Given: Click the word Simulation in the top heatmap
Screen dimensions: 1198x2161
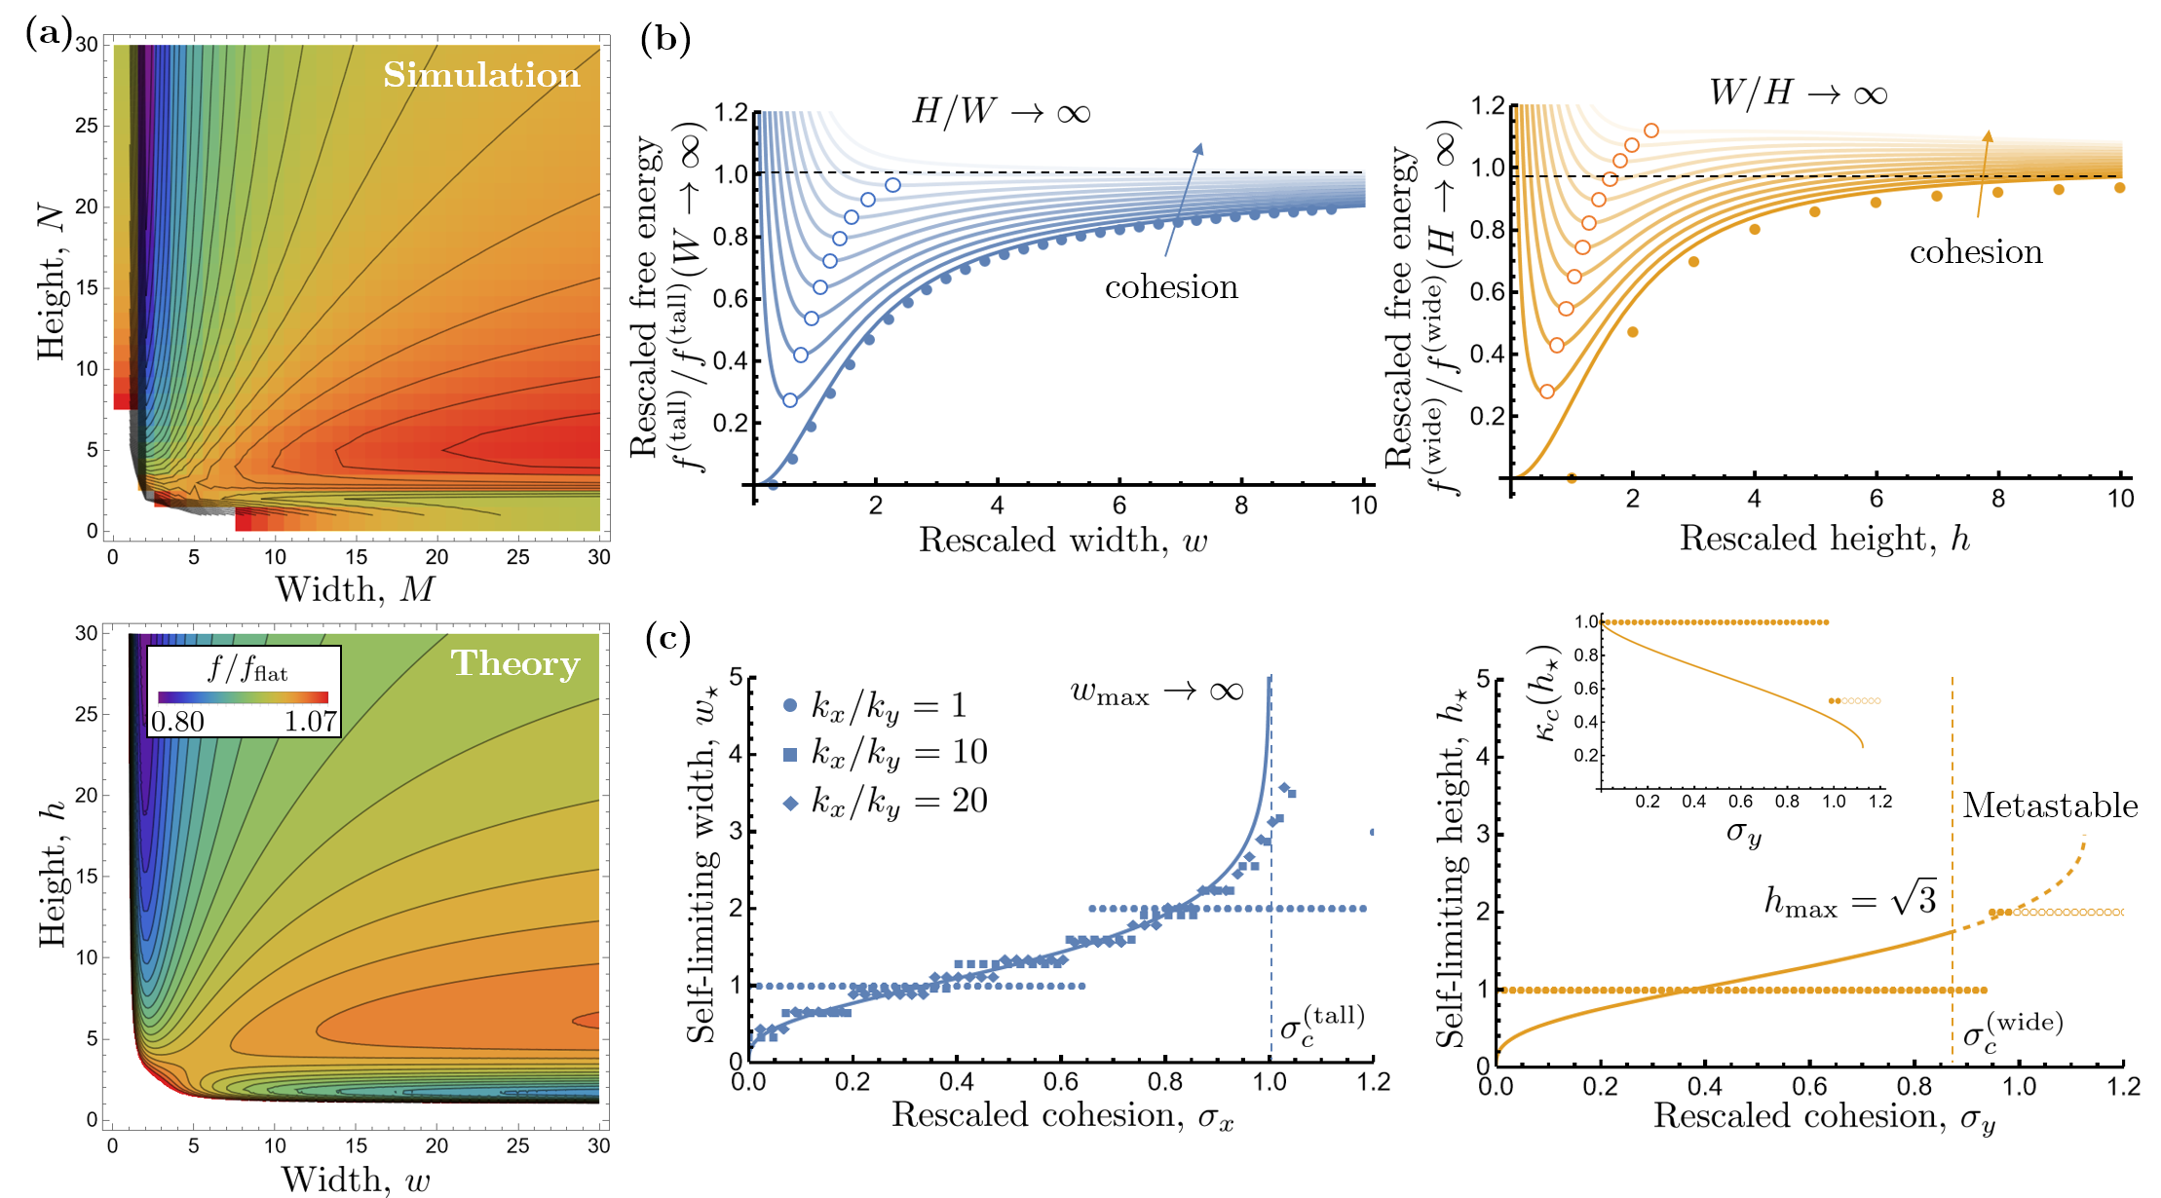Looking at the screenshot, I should (481, 75).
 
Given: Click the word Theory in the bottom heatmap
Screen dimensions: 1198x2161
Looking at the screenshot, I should (514, 663).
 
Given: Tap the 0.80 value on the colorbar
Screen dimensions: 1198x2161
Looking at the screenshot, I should (177, 722).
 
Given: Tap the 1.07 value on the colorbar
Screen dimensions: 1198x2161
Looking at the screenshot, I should (311, 722).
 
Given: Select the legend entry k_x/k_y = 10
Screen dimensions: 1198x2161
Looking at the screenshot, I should (886, 752).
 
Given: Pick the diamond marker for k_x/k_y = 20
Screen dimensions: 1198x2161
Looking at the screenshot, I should (790, 803).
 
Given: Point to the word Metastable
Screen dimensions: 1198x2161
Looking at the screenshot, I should (2049, 805).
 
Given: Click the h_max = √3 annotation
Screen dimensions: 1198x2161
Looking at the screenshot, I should (1849, 901).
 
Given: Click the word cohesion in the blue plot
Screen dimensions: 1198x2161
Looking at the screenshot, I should (1171, 286).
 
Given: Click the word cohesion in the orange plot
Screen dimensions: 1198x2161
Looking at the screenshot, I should (1976, 252).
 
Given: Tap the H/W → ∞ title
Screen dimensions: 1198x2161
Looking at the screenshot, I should (1001, 111).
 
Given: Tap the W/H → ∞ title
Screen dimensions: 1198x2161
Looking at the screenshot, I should (1798, 94).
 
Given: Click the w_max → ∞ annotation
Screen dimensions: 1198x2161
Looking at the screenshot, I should (1156, 693).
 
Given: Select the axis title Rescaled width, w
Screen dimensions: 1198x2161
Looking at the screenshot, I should (1063, 541).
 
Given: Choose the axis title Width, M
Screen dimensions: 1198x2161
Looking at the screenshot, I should (355, 589).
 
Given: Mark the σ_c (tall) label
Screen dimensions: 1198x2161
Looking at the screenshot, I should (1321, 1026).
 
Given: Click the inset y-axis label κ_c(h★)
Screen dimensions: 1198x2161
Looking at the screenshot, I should (1548, 692).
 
